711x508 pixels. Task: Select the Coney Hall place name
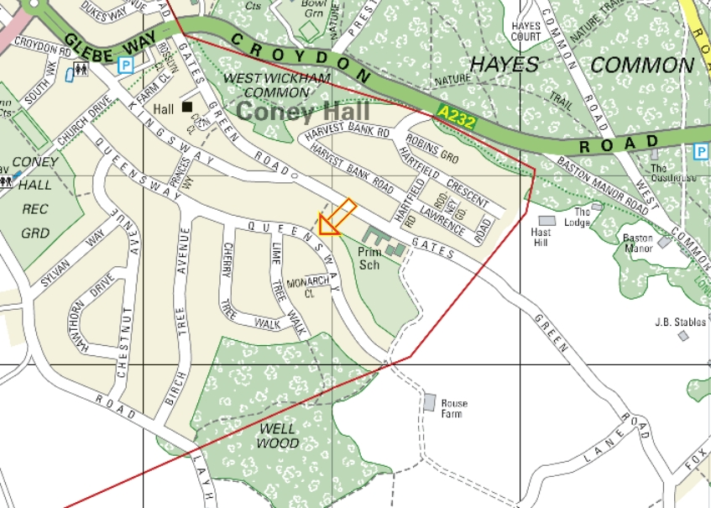pyautogui.click(x=291, y=112)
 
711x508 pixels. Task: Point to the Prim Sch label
pyautogui.click(x=369, y=259)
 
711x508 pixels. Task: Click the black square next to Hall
pyautogui.click(x=187, y=107)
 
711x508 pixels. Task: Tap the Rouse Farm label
pyautogui.click(x=454, y=409)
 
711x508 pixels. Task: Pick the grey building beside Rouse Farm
pyautogui.click(x=430, y=403)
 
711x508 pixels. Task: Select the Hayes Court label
pyautogui.click(x=526, y=32)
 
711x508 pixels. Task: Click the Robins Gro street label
pyautogui.click(x=431, y=147)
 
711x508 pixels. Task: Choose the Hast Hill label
pyautogui.click(x=541, y=237)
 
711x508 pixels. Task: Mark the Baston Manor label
pyautogui.click(x=638, y=244)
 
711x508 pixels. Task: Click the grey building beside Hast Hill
pyautogui.click(x=547, y=221)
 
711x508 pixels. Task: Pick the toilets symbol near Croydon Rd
pyautogui.click(x=81, y=70)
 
